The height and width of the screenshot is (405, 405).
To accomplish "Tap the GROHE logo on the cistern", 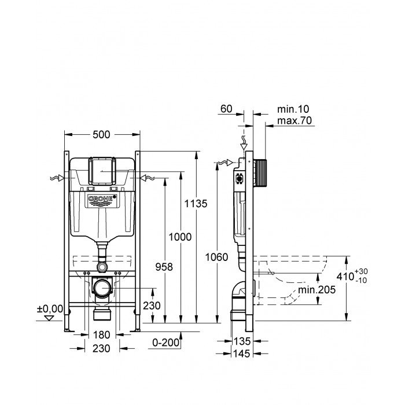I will tap(102, 201).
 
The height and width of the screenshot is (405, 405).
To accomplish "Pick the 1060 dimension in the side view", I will tap(217, 257).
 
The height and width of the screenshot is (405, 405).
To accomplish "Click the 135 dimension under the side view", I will tap(242, 343).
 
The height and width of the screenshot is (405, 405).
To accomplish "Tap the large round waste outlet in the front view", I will tap(102, 288).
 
